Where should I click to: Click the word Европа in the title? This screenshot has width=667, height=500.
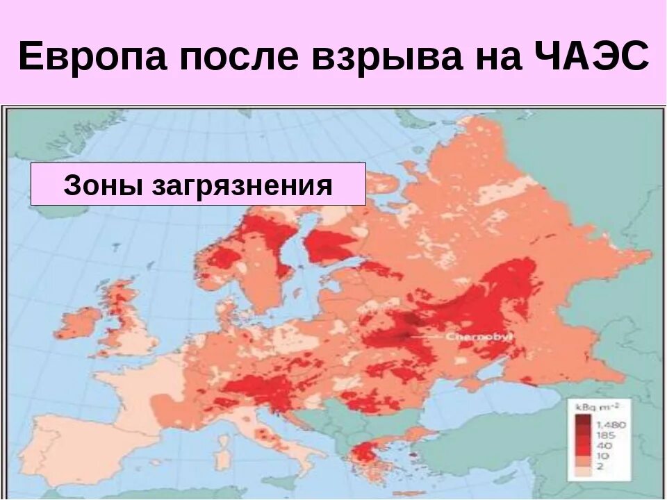[x=93, y=57]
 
